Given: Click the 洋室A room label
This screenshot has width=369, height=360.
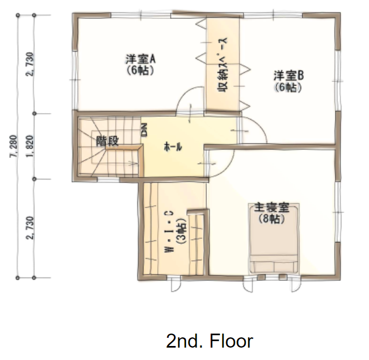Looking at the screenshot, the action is tap(141, 59).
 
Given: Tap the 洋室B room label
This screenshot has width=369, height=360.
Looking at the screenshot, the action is tap(289, 75).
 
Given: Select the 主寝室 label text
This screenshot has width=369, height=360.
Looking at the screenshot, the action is tap(272, 208).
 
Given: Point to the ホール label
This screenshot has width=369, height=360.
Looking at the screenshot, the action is tap(173, 147).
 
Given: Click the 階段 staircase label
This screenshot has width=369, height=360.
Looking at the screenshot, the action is tap(108, 141).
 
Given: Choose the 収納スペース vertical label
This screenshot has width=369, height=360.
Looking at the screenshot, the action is tap(222, 65).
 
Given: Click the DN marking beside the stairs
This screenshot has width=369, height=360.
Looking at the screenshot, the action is tap(144, 130).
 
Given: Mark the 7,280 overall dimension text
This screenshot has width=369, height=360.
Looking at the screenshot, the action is tap(13, 146).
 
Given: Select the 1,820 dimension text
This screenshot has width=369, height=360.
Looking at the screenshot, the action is tap(30, 146).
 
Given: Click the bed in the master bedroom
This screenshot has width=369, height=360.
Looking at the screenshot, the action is tap(274, 239).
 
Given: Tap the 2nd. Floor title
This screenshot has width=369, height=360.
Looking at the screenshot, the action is tap(210, 341).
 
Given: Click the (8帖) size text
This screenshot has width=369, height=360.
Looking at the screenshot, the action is tap(271, 219).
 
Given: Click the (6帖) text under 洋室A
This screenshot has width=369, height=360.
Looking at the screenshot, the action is tap(141, 70).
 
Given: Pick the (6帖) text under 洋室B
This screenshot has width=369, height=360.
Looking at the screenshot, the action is tap(288, 87).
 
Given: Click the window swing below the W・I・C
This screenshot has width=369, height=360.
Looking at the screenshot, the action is tap(175, 286).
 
